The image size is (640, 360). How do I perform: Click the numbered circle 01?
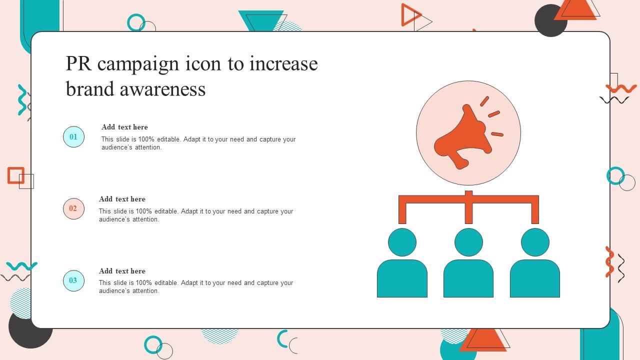73,136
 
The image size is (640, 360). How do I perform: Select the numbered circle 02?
73,208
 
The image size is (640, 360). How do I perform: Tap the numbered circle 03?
73,280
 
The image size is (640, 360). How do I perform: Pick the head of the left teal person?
402,242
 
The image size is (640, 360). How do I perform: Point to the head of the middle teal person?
468,242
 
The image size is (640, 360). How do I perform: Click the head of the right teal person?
535,242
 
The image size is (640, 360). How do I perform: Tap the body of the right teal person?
535,278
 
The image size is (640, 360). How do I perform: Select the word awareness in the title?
162,89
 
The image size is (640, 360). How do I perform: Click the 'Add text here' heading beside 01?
124,127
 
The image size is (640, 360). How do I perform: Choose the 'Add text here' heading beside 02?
122,199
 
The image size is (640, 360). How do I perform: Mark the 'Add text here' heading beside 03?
122,271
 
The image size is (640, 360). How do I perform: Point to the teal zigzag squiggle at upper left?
22,99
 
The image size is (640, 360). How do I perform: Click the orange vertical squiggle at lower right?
609,262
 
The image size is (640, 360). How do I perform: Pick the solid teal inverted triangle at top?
260,20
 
